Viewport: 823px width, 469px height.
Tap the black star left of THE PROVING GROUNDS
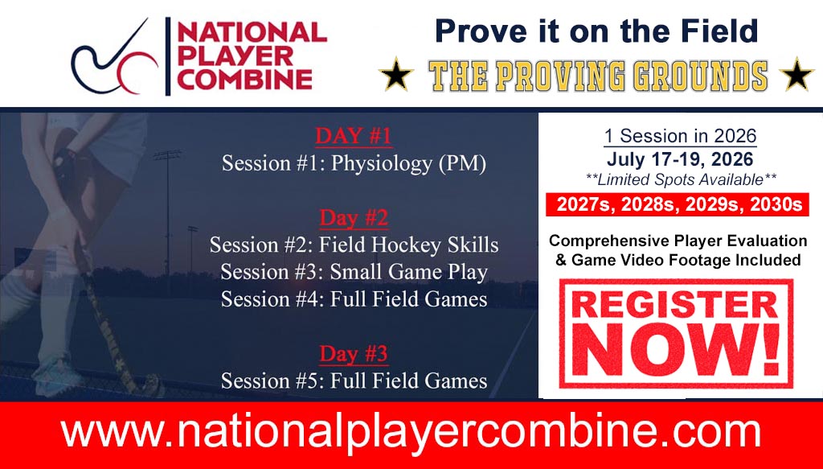[396, 75]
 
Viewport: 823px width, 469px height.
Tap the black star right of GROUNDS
[796, 75]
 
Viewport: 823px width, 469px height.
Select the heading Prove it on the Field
[596, 31]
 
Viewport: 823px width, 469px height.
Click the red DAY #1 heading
[354, 136]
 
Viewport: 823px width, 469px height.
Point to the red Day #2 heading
[354, 217]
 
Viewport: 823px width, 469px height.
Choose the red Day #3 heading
[354, 353]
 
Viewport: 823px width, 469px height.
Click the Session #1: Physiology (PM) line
[354, 164]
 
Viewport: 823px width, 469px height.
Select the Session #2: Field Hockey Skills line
[354, 245]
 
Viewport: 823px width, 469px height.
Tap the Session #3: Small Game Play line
[354, 272]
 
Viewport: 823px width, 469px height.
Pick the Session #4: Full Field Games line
[354, 299]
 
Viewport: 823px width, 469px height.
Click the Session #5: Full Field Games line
[354, 381]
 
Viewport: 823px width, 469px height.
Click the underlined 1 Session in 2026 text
[680, 136]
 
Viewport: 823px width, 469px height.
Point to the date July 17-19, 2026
[680, 158]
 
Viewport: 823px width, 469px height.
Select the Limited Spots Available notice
[680, 179]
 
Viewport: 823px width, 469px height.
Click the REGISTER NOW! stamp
[676, 334]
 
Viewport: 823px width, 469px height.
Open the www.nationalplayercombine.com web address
[411, 434]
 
